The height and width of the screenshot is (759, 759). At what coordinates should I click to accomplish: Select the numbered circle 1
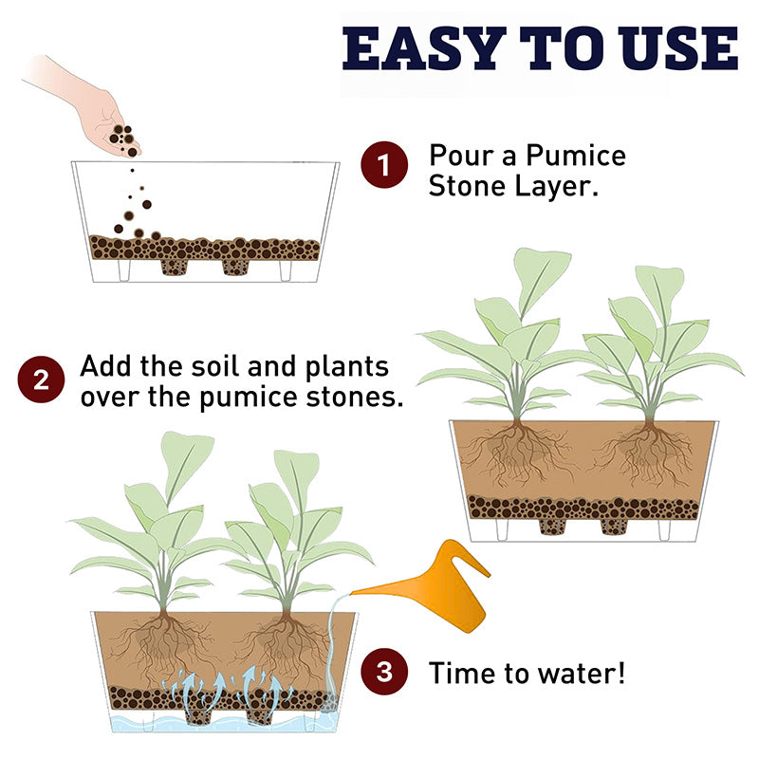tap(384, 164)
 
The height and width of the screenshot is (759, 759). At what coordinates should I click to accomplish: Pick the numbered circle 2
tap(41, 379)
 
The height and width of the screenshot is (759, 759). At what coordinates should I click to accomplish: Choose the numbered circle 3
tap(384, 672)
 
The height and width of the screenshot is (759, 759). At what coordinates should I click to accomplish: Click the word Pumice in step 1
tap(576, 157)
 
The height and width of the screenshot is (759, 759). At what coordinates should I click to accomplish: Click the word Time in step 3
tap(463, 674)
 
